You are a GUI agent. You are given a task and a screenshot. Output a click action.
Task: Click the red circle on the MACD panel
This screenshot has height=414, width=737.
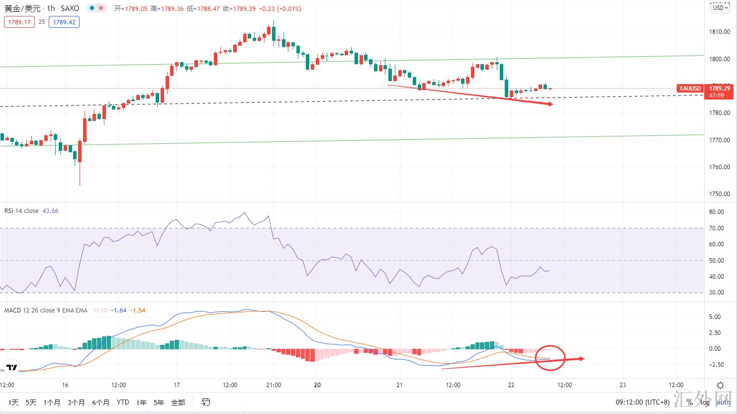pyautogui.click(x=551, y=357)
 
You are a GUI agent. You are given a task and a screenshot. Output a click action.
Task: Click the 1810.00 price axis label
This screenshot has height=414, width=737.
pyautogui.click(x=720, y=32)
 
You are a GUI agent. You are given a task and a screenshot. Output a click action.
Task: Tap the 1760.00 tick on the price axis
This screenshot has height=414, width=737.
pyautogui.click(x=720, y=167)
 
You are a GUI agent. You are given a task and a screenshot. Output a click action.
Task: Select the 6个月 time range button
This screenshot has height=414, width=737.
pyautogui.click(x=100, y=402)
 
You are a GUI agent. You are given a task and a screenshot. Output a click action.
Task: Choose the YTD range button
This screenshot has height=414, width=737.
pyautogui.click(x=122, y=402)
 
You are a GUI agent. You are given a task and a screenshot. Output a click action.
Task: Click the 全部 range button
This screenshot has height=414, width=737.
pyautogui.click(x=178, y=402)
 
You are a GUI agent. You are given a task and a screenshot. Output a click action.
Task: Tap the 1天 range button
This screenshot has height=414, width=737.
pyautogui.click(x=13, y=402)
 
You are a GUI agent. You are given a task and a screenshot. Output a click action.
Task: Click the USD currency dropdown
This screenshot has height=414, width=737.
pyautogui.click(x=719, y=7)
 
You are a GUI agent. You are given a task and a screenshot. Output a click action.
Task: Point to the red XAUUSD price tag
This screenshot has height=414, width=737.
pyautogui.click(x=690, y=89)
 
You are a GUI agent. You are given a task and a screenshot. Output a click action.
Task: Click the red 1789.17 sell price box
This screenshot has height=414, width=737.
pyautogui.click(x=19, y=22)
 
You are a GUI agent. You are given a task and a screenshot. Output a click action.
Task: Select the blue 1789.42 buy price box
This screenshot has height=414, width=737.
pyautogui.click(x=64, y=22)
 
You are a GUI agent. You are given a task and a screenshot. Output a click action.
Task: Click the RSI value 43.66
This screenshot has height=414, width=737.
pyautogui.click(x=50, y=211)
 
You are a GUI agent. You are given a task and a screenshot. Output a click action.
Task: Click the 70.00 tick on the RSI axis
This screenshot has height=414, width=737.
pyautogui.click(x=716, y=228)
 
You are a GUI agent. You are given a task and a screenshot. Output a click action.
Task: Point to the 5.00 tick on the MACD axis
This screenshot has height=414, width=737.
pyautogui.click(x=715, y=316)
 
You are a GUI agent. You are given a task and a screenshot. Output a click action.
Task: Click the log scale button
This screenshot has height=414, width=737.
pyautogui.click(x=706, y=402)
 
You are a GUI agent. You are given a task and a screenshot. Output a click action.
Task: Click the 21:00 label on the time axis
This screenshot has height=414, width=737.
pyautogui.click(x=274, y=385)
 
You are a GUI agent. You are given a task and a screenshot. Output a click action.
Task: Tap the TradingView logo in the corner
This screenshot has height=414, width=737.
pyautogui.click(x=12, y=368)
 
